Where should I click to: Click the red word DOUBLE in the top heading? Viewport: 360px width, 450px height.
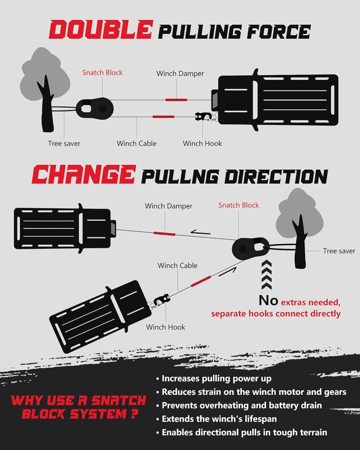[x=100, y=30]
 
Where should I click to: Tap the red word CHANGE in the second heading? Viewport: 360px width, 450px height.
[x=84, y=174]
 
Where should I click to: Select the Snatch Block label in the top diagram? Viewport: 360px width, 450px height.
[x=102, y=72]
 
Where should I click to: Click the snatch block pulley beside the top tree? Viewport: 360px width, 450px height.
[x=95, y=108]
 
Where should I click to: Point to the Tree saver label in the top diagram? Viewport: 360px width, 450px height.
[x=64, y=144]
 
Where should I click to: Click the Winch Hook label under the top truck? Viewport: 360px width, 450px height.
[x=202, y=143]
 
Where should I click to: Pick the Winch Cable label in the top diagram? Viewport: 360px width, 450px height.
[x=136, y=143]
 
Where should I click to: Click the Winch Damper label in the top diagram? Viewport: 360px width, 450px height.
[x=180, y=73]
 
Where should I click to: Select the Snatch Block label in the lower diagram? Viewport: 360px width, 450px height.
[x=238, y=205]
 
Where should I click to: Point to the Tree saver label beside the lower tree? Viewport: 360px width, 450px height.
[x=339, y=251]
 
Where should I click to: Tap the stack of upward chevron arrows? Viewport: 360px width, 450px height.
[x=266, y=275]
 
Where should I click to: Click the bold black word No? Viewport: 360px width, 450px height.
[x=268, y=301]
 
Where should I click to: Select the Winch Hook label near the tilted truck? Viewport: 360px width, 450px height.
[x=166, y=327]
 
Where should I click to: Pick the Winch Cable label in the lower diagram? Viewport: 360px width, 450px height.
[x=177, y=265]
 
